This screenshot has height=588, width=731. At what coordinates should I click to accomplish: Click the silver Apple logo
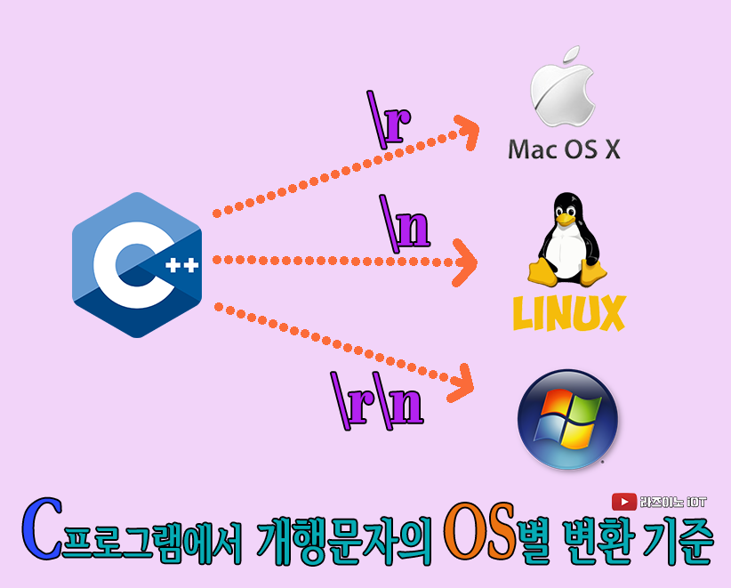(561, 94)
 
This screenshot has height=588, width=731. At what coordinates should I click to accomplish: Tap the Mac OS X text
(564, 149)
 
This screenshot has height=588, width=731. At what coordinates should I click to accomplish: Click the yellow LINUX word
(569, 312)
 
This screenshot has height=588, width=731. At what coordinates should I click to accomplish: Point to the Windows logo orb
(567, 419)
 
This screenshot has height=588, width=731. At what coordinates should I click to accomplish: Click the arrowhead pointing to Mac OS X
(465, 129)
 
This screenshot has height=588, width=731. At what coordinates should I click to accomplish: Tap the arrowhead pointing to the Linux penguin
(464, 263)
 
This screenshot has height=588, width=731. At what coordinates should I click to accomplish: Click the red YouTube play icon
(623, 502)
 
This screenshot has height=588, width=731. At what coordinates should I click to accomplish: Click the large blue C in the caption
(42, 531)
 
